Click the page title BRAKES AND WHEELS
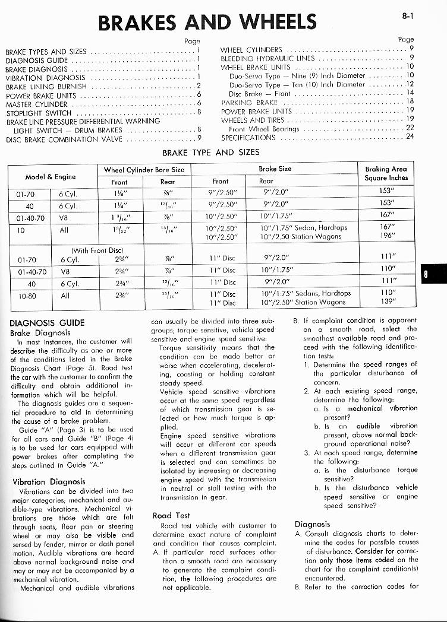207,22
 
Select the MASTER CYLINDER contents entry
38,104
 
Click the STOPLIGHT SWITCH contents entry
38,113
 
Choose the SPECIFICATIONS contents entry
248,137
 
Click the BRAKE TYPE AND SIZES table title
210,153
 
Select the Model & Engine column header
51,176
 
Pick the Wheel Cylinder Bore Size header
144,170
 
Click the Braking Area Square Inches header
386,173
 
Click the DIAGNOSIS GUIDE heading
48,323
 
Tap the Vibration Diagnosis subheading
49,482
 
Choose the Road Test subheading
171,515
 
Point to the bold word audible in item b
367,426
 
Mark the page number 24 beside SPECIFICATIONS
410,137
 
